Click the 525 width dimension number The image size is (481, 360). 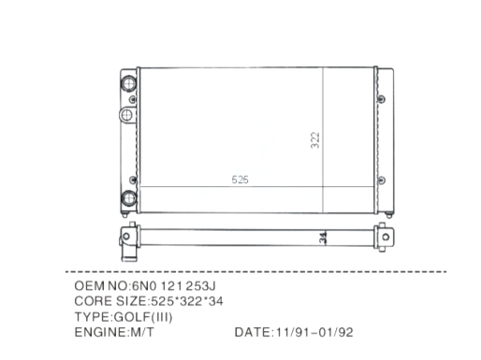[x=240, y=180]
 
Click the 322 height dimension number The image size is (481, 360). [x=315, y=140]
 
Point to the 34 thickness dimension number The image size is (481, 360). [x=323, y=238]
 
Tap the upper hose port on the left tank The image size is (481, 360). [x=128, y=83]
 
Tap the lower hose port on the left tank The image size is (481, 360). [x=128, y=198]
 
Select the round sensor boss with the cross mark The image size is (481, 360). [x=126, y=115]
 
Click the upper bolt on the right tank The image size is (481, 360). [x=381, y=99]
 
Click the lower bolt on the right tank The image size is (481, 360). [x=381, y=180]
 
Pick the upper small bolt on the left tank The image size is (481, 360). [x=133, y=99]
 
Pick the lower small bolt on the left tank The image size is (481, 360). [x=133, y=180]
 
